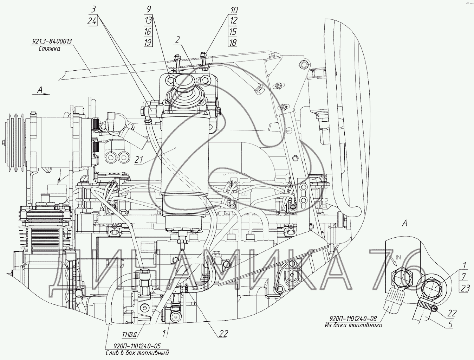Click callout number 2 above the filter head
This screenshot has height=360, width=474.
(178, 39)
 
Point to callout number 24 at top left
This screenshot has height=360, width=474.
(92, 21)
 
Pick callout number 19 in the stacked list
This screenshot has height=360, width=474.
(148, 43)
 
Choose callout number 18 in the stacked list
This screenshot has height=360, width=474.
(233, 43)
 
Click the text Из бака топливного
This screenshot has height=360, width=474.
(353, 326)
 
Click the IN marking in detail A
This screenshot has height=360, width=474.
(398, 257)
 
